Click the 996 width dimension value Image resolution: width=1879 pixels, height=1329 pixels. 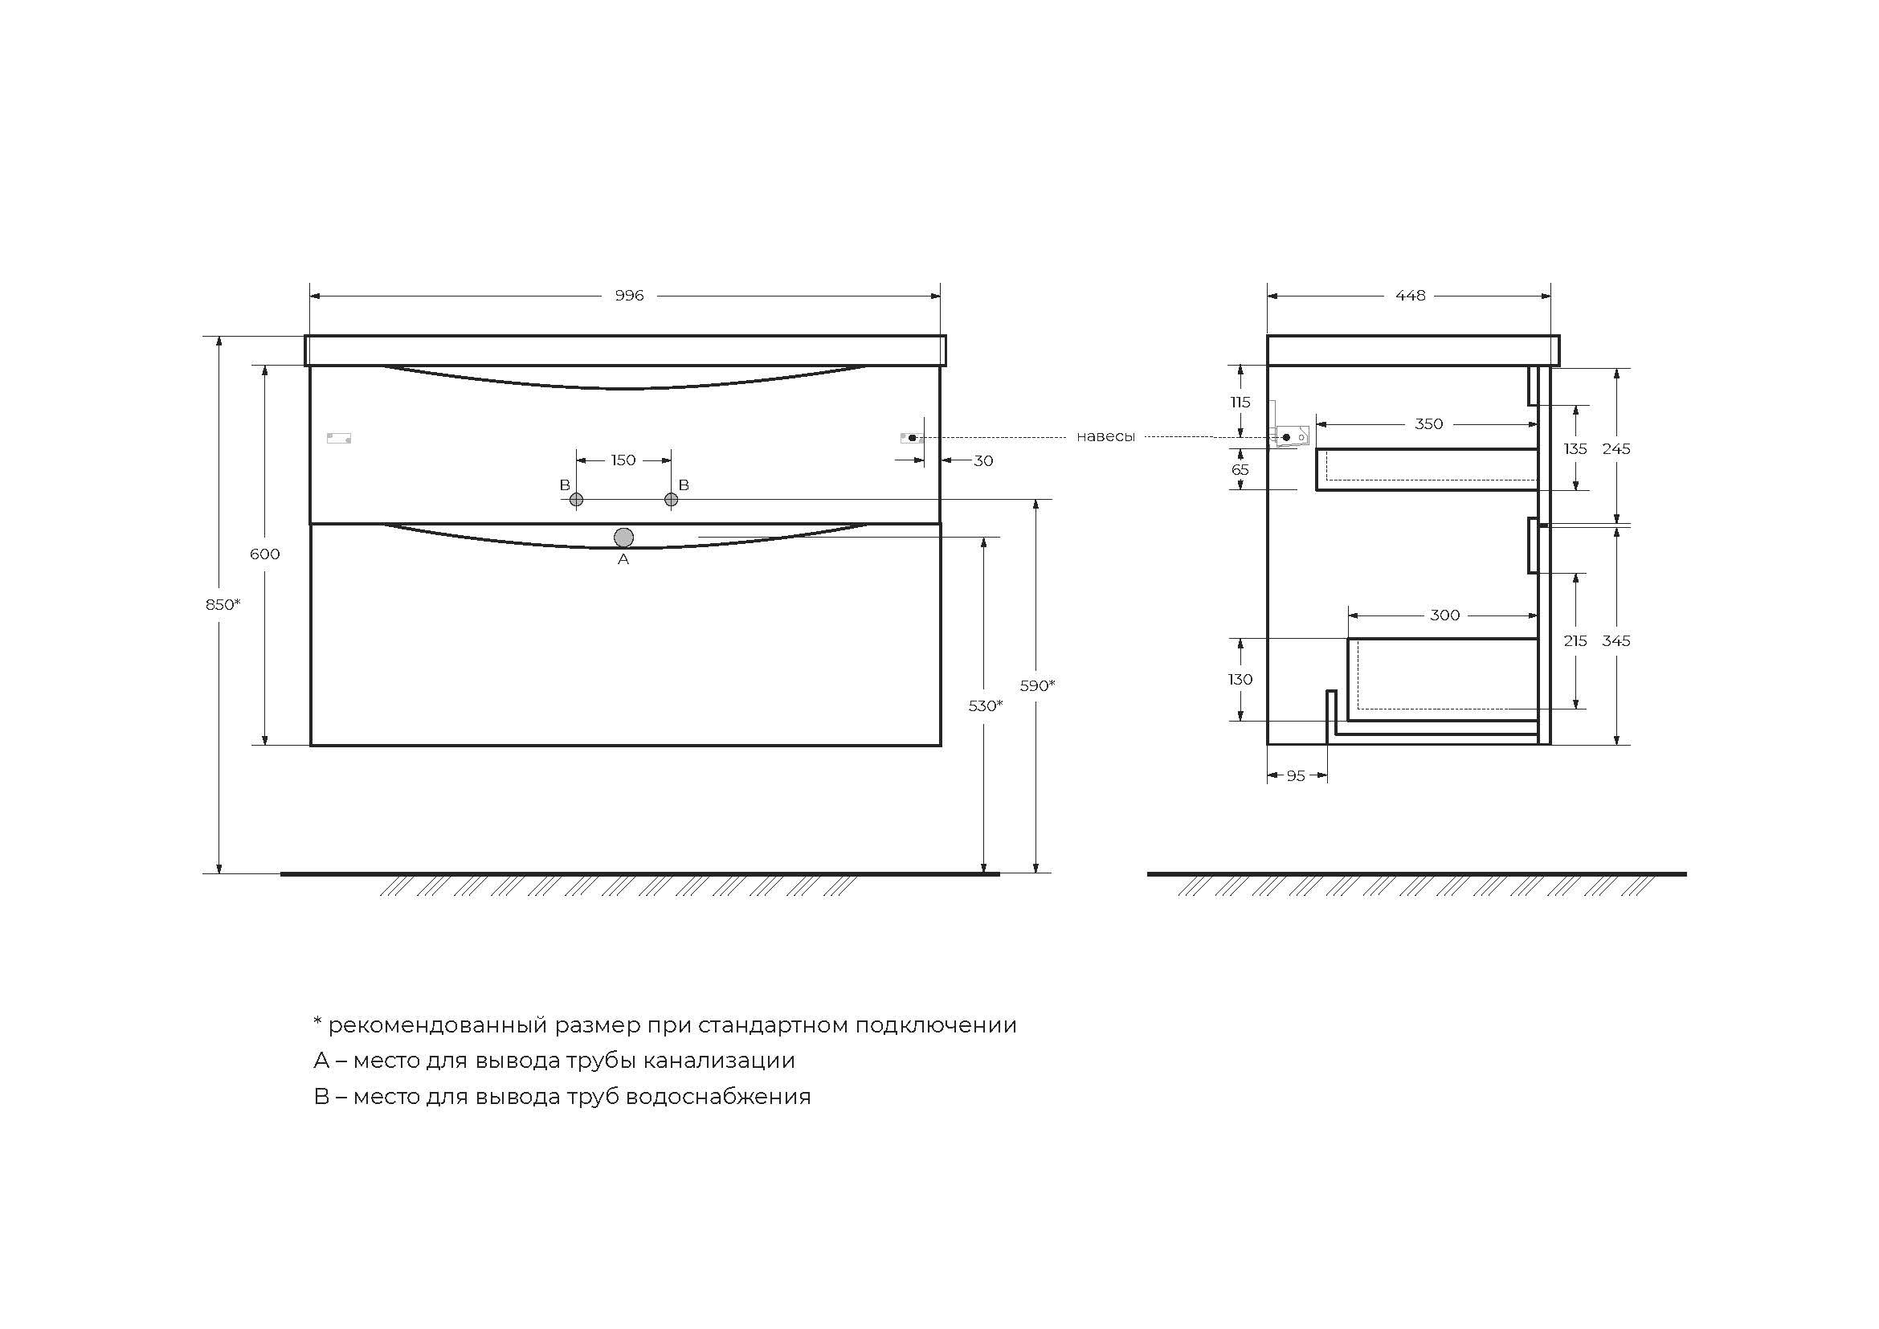coord(629,296)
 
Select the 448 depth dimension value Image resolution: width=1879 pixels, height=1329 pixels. coord(1410,296)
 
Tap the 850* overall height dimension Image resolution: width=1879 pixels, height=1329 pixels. coord(223,604)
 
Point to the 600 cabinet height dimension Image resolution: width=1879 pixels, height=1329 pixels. coord(264,554)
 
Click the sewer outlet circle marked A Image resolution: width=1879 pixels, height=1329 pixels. coord(623,538)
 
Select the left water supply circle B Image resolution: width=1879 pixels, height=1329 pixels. coord(576,499)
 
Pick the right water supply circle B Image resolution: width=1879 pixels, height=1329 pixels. coord(671,499)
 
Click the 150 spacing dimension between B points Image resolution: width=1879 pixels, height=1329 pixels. coord(623,460)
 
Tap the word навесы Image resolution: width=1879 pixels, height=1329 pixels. coord(1105,437)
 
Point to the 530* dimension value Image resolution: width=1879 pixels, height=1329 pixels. coord(986,705)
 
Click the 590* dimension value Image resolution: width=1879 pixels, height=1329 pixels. coord(1037,685)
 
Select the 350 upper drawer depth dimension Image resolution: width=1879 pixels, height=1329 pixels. coord(1428,424)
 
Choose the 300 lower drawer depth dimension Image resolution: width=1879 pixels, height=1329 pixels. coord(1444,615)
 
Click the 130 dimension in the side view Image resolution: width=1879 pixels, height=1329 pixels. coord(1240,679)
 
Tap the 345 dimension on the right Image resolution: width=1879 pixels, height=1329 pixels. coord(1616,640)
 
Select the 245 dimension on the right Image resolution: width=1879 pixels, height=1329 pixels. coord(1616,448)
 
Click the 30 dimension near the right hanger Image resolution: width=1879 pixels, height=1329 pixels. coord(982,460)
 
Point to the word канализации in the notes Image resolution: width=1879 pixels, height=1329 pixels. coord(718,1061)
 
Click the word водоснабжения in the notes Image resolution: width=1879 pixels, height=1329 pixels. coord(717,1097)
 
